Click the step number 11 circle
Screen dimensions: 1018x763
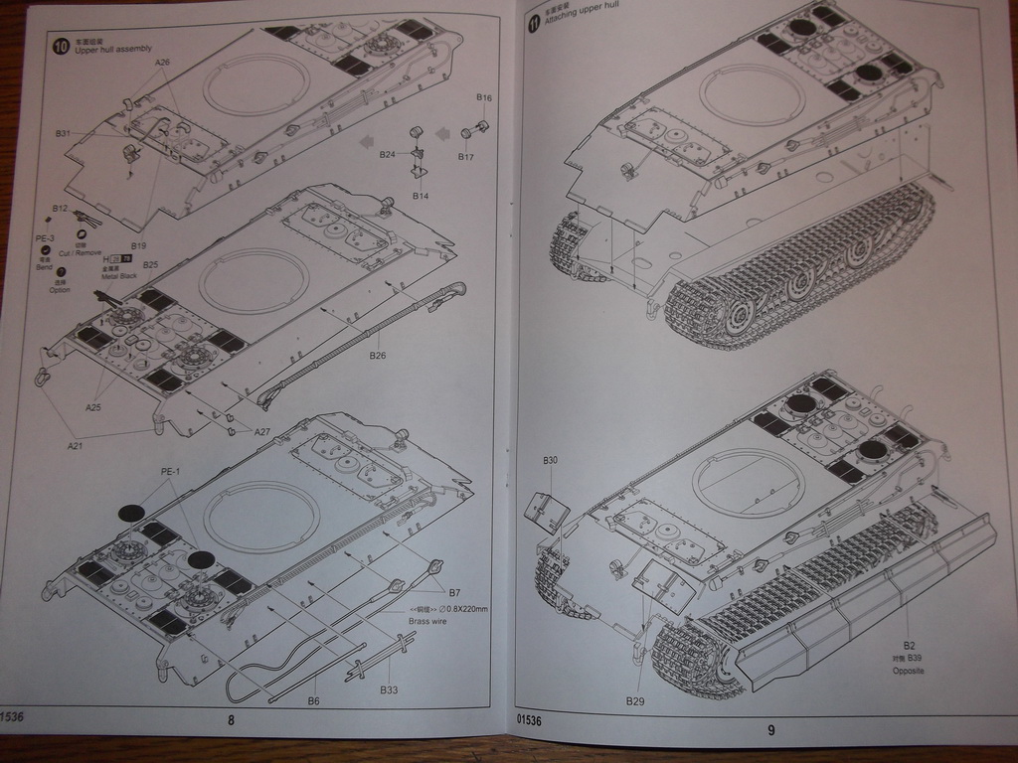534,23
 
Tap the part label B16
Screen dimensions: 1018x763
484,97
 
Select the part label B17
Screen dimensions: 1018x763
465,157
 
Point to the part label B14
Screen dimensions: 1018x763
421,196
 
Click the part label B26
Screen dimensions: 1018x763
377,356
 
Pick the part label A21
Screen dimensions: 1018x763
76,446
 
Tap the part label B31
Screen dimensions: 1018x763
64,133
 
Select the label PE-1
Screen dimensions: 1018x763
171,471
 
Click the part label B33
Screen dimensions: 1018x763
389,688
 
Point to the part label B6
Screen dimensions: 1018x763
313,701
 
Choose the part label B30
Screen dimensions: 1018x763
550,460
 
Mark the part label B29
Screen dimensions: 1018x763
635,701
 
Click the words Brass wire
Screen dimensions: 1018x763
428,621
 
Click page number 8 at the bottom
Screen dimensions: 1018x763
231,721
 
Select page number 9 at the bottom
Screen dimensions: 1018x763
770,730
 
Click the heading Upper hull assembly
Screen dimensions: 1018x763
109,49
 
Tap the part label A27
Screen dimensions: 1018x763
262,431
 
